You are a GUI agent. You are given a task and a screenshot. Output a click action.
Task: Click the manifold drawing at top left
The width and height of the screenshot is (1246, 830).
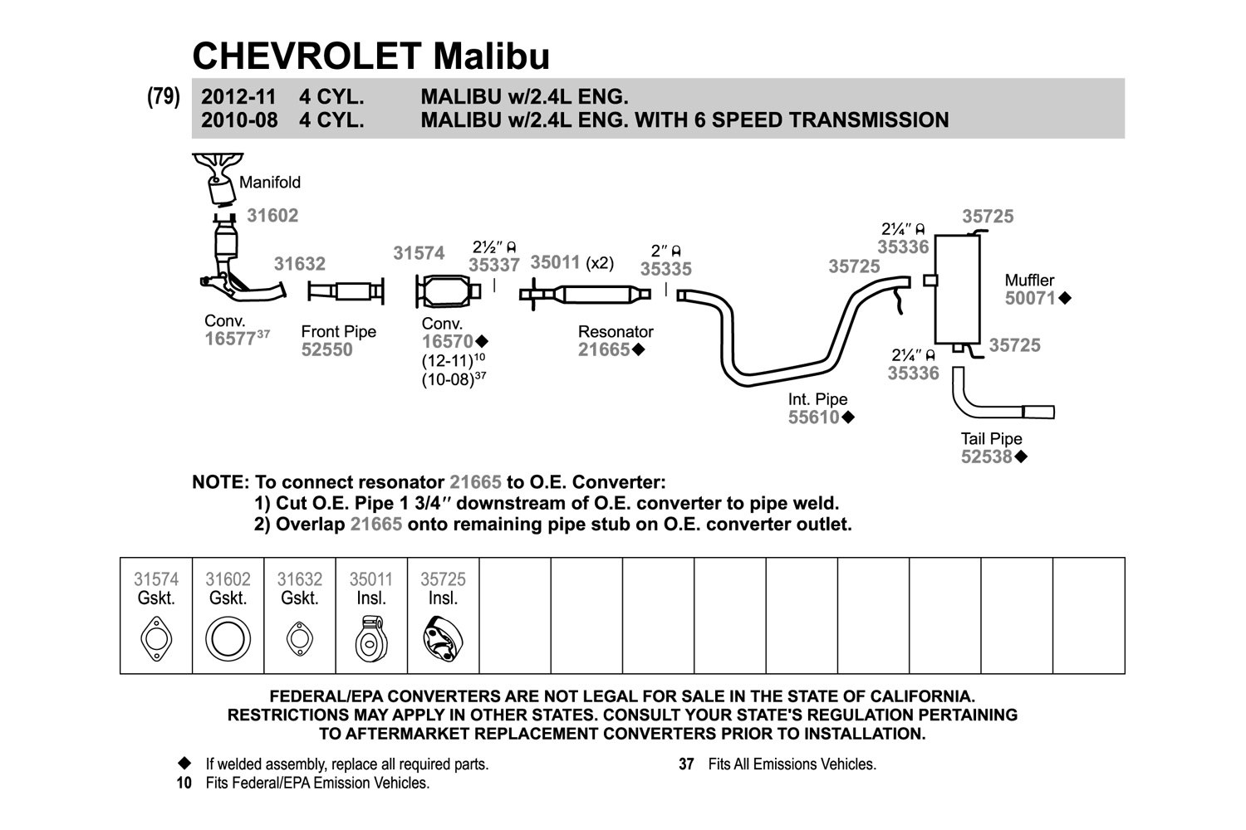click(x=218, y=178)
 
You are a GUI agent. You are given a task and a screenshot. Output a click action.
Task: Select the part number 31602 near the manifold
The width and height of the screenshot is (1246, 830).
click(x=272, y=215)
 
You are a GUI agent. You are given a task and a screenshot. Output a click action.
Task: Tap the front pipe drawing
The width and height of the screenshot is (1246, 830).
click(x=346, y=291)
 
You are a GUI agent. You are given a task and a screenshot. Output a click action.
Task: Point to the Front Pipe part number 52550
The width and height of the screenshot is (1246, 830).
click(x=327, y=349)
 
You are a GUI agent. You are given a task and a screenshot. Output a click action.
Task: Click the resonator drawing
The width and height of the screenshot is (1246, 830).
click(x=584, y=294)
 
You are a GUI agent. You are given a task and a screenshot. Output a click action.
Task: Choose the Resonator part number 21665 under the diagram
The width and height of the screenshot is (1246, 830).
click(x=604, y=349)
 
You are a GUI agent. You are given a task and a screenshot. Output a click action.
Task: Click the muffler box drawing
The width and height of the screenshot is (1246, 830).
click(x=957, y=289)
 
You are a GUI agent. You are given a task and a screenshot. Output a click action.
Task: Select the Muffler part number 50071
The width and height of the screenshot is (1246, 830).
click(x=1030, y=299)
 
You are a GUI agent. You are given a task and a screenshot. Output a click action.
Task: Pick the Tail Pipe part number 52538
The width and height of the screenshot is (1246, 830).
click(x=987, y=457)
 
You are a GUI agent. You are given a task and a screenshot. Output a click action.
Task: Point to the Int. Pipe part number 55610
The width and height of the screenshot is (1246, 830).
click(x=814, y=417)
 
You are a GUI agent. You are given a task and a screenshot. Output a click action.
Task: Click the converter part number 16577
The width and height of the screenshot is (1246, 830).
click(x=230, y=339)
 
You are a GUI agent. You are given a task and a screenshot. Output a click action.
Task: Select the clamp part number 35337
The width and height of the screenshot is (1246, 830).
click(x=494, y=265)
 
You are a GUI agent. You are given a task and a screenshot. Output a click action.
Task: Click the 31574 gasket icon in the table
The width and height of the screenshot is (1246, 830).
click(x=156, y=639)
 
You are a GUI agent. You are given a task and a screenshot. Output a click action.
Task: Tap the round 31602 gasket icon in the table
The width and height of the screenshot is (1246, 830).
click(x=228, y=639)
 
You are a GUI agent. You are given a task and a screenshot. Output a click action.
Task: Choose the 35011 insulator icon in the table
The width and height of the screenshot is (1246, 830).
click(x=371, y=639)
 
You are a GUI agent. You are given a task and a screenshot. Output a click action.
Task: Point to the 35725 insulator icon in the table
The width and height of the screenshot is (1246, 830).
click(x=443, y=639)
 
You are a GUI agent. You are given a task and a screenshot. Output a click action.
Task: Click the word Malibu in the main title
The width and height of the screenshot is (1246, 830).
click(x=492, y=56)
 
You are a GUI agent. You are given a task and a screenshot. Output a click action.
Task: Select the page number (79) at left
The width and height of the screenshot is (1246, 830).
click(x=164, y=97)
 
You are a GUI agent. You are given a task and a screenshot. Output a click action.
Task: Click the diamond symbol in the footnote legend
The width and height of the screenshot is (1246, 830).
click(x=184, y=763)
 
